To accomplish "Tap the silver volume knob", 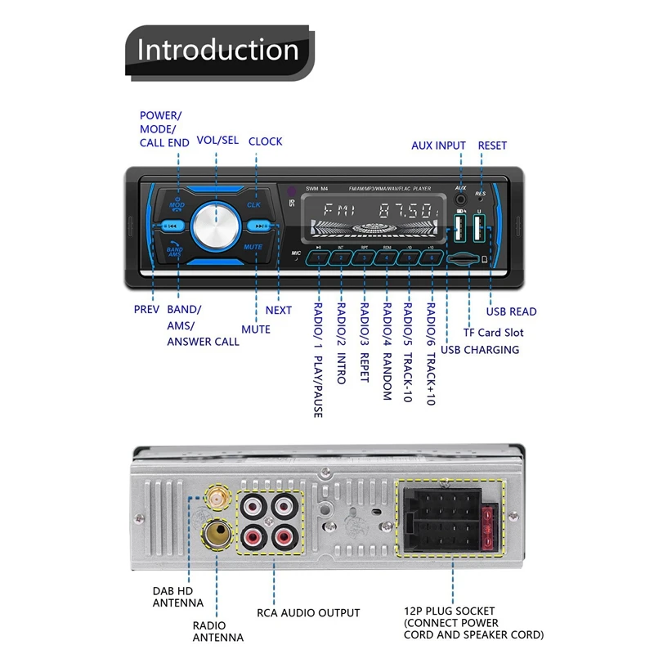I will [217, 226].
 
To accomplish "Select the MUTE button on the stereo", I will [253, 246].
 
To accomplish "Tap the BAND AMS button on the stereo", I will [175, 251].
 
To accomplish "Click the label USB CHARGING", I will [480, 350].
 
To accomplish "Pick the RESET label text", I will [492, 146].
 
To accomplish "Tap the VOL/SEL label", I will [217, 141].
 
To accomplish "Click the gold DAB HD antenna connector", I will [217, 496].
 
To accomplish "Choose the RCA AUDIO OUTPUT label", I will [308, 612].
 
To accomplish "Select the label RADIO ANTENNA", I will [218, 630].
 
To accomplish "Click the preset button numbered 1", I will [318, 258].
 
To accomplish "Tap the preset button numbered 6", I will [431, 258].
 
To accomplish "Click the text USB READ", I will [511, 311].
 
